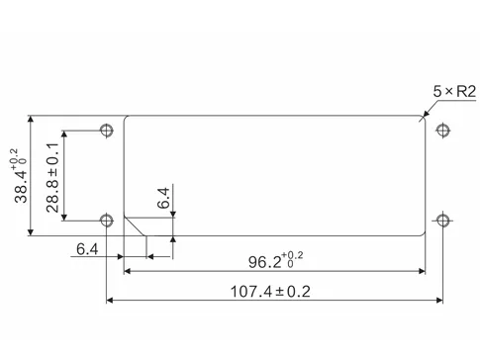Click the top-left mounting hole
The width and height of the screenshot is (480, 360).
pos(106,130)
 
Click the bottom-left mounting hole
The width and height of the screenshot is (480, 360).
pos(106,218)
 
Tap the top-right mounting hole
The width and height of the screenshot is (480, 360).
pos(443,130)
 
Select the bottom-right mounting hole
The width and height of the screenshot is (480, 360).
pos(443,218)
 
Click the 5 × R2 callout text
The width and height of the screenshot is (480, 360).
pos(454,91)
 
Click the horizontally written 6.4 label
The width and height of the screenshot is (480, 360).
pos(87,249)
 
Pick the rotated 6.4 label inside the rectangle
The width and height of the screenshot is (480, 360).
pos(164,198)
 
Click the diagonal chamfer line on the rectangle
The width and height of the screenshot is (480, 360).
pos(135,226)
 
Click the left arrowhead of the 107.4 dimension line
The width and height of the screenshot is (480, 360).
pos(110,301)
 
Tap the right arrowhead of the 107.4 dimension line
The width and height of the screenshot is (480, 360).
pos(439,301)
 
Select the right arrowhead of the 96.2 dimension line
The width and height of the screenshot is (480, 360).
pos(422,270)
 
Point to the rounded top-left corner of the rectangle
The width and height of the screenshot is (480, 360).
pos(126,120)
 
